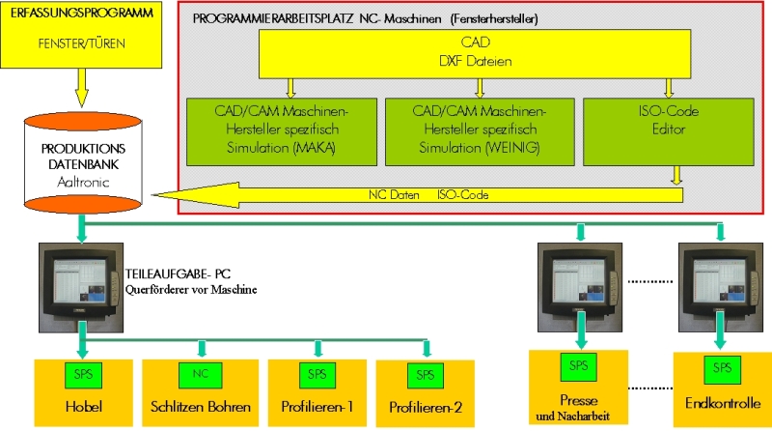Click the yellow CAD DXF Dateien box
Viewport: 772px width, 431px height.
[x=474, y=53]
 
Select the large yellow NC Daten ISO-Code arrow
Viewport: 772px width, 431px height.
[x=434, y=194]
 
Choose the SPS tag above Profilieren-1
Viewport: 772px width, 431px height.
[x=317, y=373]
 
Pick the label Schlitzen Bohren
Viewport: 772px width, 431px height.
[x=200, y=406]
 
